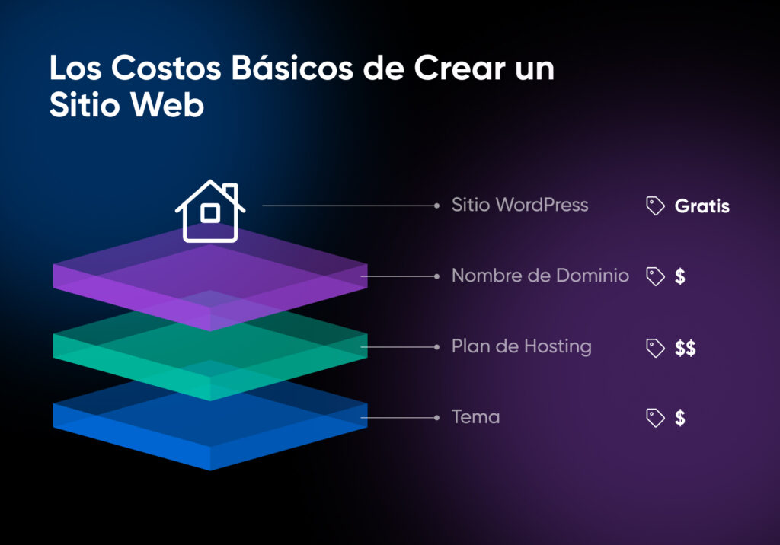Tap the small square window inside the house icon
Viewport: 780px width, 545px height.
[209, 214]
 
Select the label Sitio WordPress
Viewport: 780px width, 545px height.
[519, 205]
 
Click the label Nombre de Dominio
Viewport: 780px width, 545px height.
[540, 276]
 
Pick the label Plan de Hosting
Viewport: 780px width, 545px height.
[521, 347]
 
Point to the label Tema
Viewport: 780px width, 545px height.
[475, 417]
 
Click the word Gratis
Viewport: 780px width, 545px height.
[702, 206]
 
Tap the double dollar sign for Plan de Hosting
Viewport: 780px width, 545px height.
[685, 349]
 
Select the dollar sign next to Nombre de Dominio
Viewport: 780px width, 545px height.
[679, 276]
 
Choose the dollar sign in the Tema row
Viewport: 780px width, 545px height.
[679, 418]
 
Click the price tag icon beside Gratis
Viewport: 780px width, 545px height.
[655, 206]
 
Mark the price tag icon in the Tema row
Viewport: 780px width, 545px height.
[655, 418]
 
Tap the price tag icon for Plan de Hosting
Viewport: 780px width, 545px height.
[655, 348]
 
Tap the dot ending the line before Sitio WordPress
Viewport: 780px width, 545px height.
[436, 206]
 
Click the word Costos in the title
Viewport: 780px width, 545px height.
[158, 69]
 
